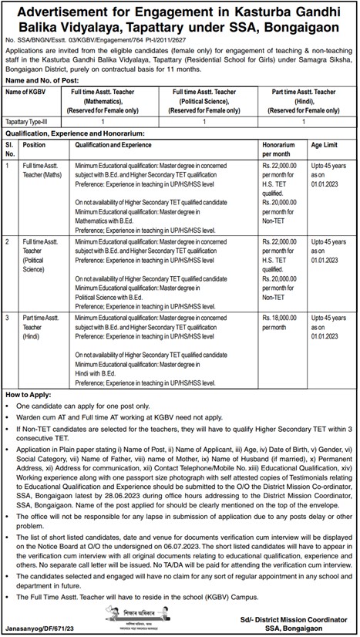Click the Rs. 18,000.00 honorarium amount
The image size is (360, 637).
280,317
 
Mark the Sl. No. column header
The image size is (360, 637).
10,149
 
